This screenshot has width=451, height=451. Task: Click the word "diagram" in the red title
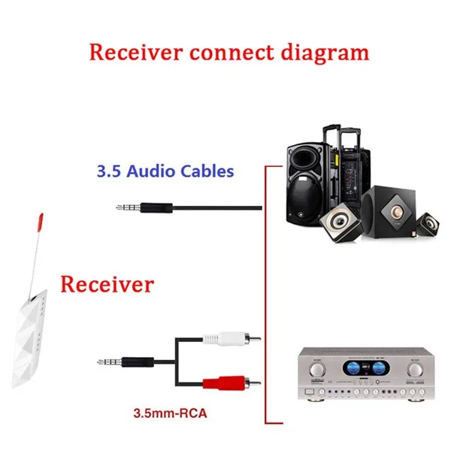[325, 53]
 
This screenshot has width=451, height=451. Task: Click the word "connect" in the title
[229, 53]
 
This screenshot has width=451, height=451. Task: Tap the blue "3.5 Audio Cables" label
[165, 171]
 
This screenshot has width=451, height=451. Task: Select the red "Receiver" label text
[107, 285]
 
